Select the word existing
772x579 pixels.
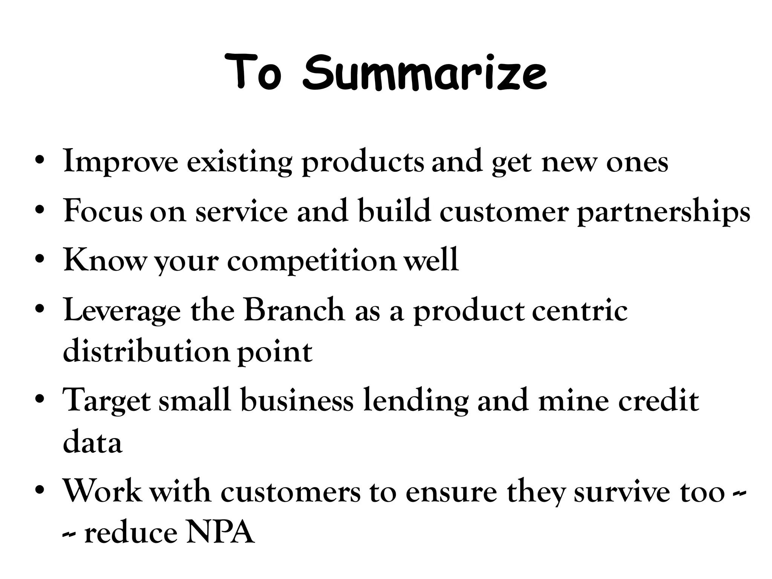click(239, 162)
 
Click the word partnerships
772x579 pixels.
click(664, 212)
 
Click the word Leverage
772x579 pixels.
click(122, 311)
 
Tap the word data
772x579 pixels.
click(92, 443)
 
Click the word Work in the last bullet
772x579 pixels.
click(103, 492)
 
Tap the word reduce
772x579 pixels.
click(130, 534)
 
